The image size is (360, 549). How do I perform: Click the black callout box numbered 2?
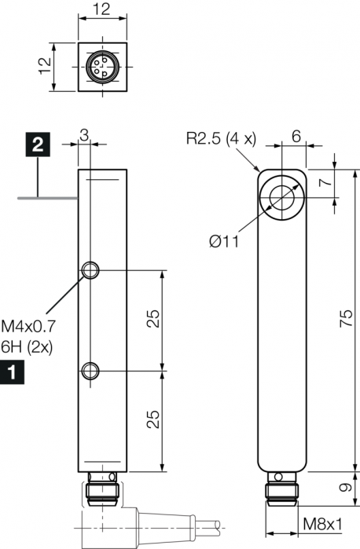[x=38, y=145]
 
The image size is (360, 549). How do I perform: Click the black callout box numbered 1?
[x=13, y=371]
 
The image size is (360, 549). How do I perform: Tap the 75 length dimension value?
[x=347, y=318]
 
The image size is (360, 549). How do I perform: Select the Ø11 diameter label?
[x=224, y=241]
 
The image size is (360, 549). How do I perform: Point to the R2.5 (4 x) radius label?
[x=221, y=139]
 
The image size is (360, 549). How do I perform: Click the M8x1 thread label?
[x=322, y=524]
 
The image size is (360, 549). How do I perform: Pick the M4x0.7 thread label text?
[x=28, y=326]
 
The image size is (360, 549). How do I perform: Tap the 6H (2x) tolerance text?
[x=27, y=347]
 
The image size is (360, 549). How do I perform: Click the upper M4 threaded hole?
[x=90, y=270]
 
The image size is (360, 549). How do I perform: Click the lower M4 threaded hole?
[x=90, y=371]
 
